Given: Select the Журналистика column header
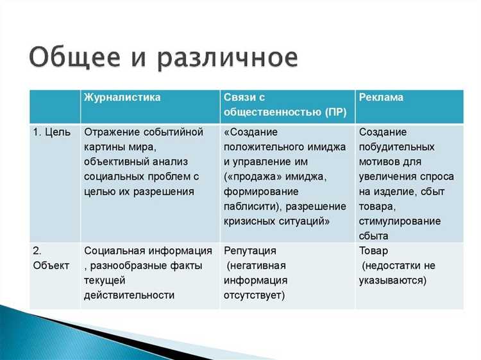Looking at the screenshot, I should pos(122,98).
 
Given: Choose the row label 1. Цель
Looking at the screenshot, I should pos(53,132).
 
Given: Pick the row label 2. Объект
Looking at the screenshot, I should pos(51,258).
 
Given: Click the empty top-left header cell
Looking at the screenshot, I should pos(54,106).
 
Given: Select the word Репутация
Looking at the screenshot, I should pos(251,250).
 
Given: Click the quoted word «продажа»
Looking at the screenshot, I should pos(253,176).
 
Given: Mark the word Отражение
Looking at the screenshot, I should pos(112,132).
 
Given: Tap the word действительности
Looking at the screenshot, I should pos(129,295).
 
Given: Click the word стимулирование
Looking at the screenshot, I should pos(400,221).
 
